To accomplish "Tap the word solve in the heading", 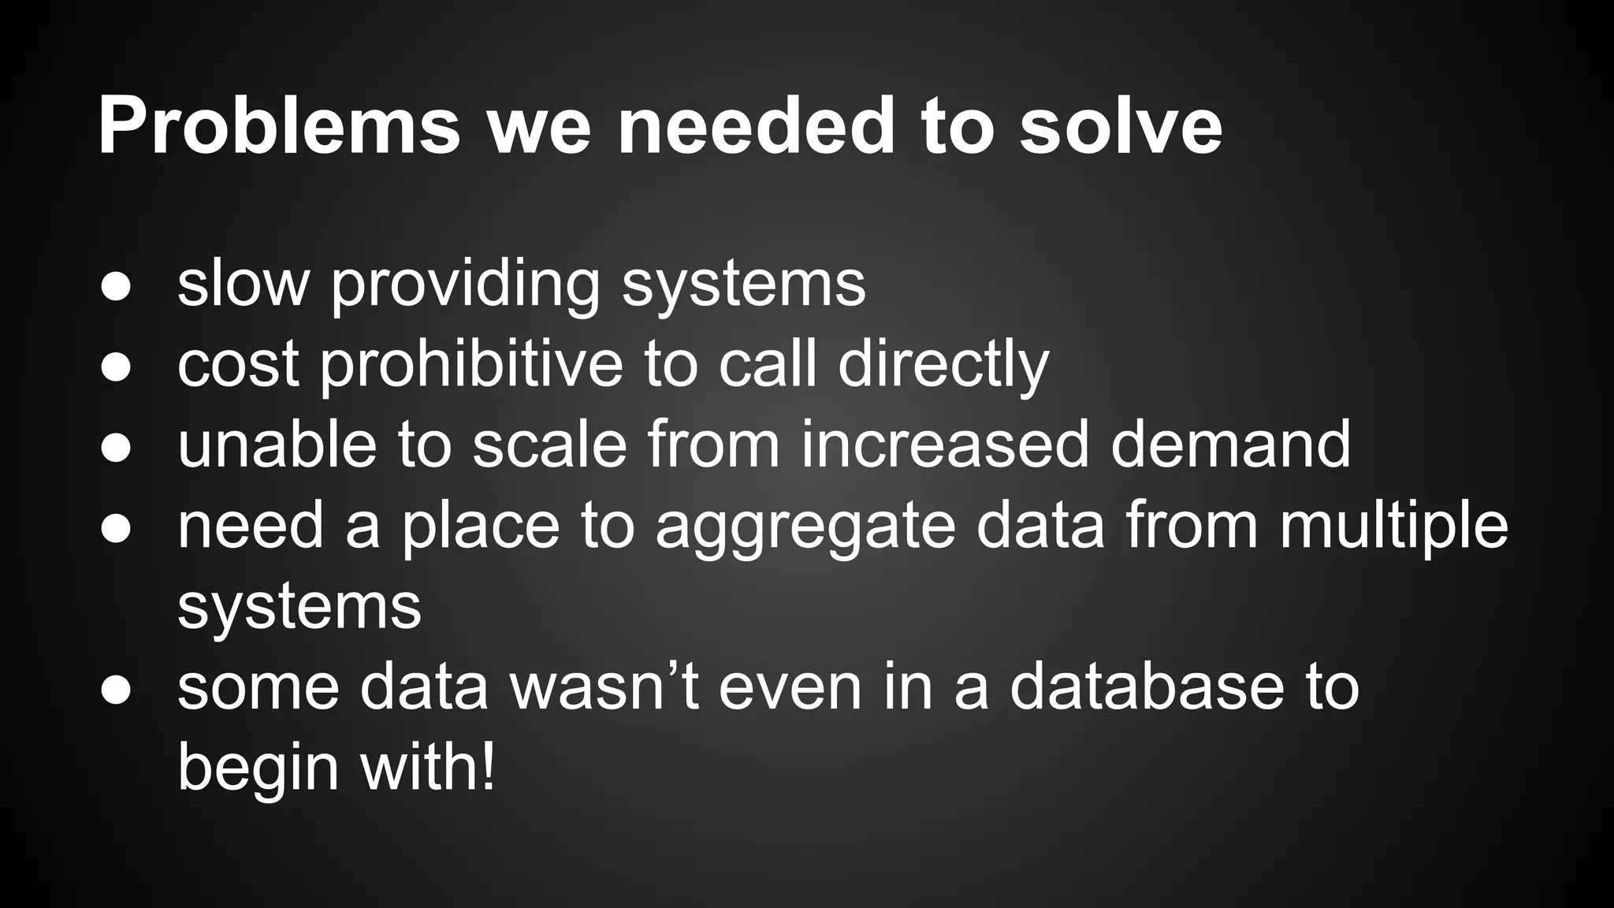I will pos(1121,126).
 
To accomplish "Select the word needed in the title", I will pos(756,126).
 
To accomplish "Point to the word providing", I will pos(466,285).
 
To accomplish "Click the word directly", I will pos(943,367).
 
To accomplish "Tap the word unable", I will pos(276,445).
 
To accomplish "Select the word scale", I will pos(549,445).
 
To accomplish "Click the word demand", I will pos(1231,445).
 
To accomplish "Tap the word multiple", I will pos(1393,527).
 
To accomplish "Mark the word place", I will pos(481,527).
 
